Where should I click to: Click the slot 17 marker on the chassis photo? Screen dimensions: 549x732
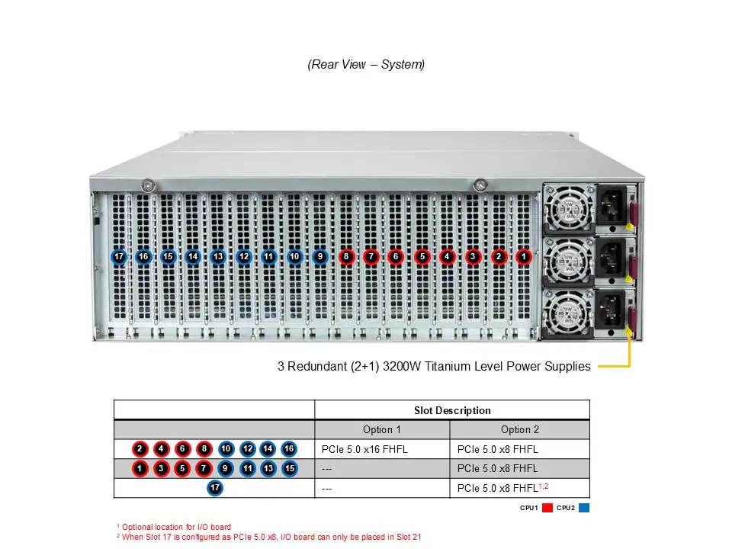coord(119,257)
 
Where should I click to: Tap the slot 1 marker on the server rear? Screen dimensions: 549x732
coord(524,257)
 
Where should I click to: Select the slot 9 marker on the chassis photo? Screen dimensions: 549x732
coord(319,257)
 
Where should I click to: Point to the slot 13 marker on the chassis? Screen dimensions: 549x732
coord(218,257)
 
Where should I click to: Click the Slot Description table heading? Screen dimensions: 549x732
coord(452,410)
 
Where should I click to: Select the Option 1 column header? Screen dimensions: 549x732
coord(382,430)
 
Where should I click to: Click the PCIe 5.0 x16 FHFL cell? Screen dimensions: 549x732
coord(365,449)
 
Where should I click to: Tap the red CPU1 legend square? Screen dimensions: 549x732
coord(547,508)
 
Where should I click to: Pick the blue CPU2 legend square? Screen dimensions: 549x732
coord(584,508)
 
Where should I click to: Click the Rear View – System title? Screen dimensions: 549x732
coord(366,65)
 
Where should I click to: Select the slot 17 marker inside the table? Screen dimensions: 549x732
coord(215,488)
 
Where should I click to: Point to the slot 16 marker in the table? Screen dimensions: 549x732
coord(289,449)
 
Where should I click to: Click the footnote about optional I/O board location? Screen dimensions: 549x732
coord(174,527)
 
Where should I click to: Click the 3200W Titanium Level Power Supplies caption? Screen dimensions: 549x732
coord(434,367)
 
